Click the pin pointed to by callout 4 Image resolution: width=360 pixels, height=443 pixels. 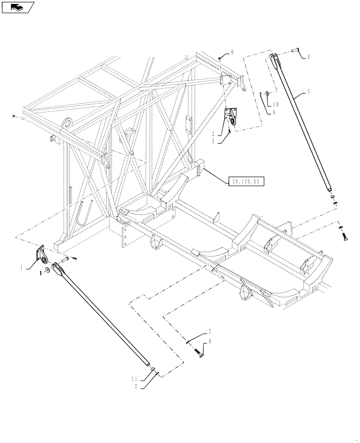(296, 51)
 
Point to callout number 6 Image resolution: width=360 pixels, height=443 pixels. (231, 52)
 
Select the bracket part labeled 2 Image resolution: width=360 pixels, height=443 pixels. (232, 118)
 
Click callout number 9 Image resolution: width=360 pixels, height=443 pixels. (274, 113)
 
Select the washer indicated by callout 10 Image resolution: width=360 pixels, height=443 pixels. (266, 93)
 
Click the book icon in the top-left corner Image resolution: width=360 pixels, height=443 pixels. (18, 7)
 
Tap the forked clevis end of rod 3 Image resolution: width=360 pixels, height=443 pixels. (274, 60)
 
